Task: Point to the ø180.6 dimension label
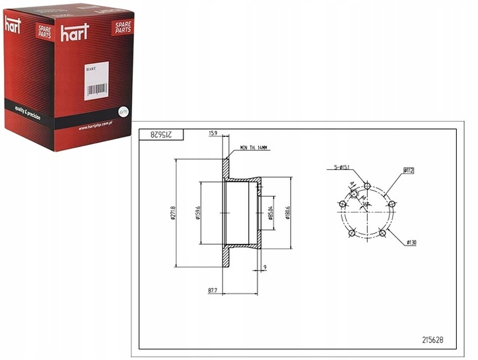[287, 213]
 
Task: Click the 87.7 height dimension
[213, 290]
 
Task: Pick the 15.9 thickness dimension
[213, 134]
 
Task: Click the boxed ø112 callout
[408, 171]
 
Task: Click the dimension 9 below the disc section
[264, 268]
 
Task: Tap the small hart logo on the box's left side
[13, 25]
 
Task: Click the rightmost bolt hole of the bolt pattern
[391, 205]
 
